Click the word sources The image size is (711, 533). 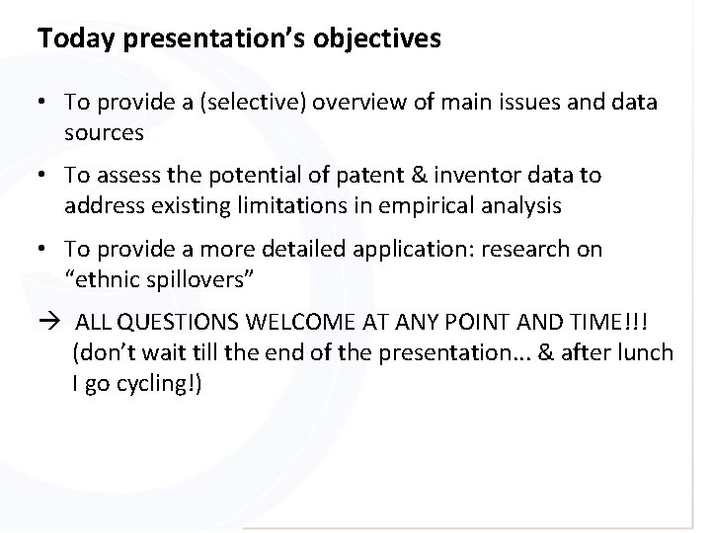103,130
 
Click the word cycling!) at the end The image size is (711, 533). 161,382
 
